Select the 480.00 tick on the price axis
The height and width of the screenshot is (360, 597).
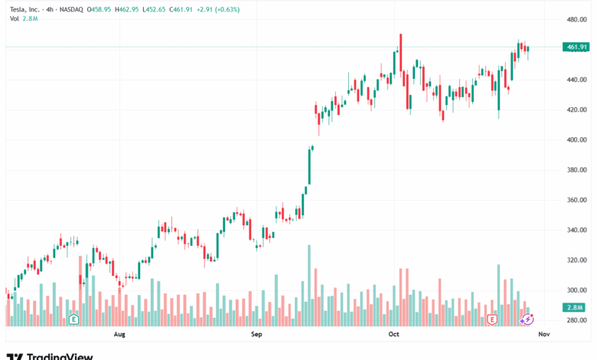576,20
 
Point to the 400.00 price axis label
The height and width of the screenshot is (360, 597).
576,140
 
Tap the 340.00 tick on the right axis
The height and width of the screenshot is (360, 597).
576,231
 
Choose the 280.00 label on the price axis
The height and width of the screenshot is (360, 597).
576,320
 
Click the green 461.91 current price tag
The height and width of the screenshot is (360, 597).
576,47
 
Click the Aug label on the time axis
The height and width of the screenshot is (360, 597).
119,335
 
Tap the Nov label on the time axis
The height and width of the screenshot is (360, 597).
543,335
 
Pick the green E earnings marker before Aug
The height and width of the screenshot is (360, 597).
74,318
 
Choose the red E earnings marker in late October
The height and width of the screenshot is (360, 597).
493,318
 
